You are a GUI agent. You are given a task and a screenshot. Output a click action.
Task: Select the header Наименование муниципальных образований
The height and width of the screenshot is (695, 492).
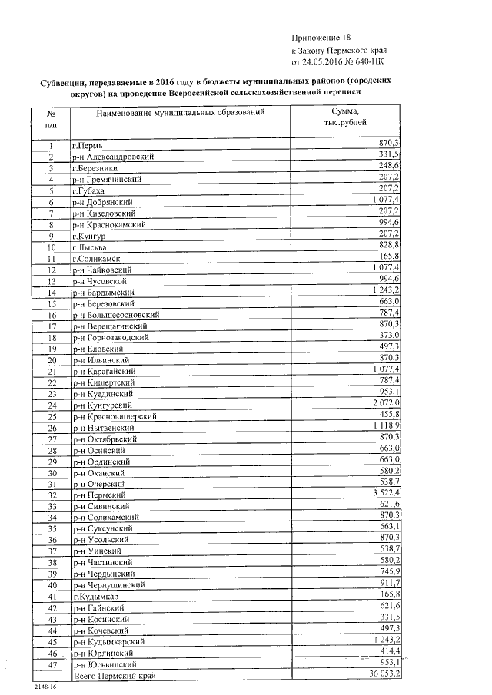181,113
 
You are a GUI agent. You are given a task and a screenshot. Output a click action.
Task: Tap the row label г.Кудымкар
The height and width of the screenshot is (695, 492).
95,596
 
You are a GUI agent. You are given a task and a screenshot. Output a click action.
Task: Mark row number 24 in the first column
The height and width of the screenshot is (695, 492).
52,405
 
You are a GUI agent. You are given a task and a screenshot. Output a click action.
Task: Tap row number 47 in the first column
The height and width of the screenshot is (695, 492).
52,664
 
